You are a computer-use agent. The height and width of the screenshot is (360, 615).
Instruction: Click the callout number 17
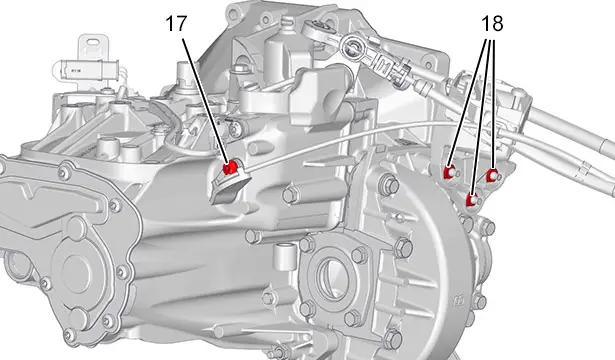pos(176,24)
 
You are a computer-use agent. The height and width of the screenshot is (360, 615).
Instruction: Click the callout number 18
pos(492,24)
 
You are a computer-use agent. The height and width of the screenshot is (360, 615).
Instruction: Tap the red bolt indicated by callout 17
pos(229,167)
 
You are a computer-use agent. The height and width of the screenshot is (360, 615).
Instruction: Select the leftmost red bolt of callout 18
pos(449,172)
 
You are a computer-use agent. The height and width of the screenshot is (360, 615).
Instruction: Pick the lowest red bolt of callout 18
pos(471,200)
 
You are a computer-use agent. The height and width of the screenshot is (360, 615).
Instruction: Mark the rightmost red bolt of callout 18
pos(492,175)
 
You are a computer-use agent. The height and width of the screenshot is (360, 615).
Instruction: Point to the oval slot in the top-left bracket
pos(93,42)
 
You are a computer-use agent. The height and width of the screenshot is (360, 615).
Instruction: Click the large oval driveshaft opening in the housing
pos(330,274)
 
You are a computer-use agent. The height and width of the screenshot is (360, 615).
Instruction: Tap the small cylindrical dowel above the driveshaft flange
pos(283,257)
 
